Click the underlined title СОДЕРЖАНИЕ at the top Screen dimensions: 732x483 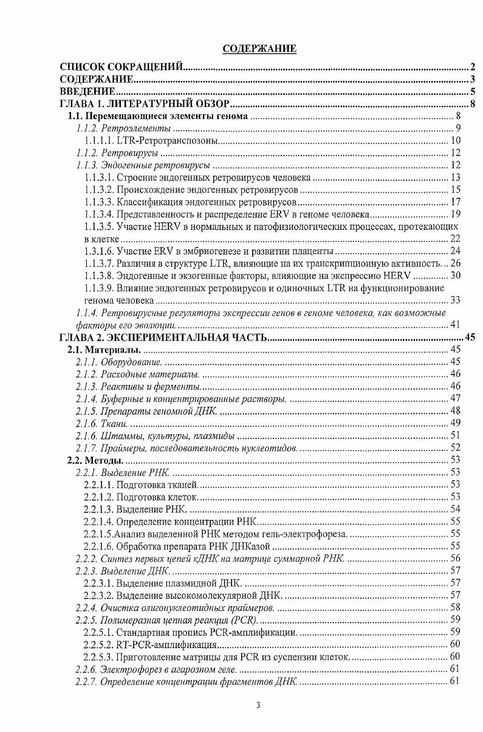(259, 49)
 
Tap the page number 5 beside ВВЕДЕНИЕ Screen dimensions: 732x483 (472, 92)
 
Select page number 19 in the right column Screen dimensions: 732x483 (455, 213)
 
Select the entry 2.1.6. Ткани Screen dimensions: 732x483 (100, 423)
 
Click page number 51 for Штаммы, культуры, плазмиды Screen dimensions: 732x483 (455, 435)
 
